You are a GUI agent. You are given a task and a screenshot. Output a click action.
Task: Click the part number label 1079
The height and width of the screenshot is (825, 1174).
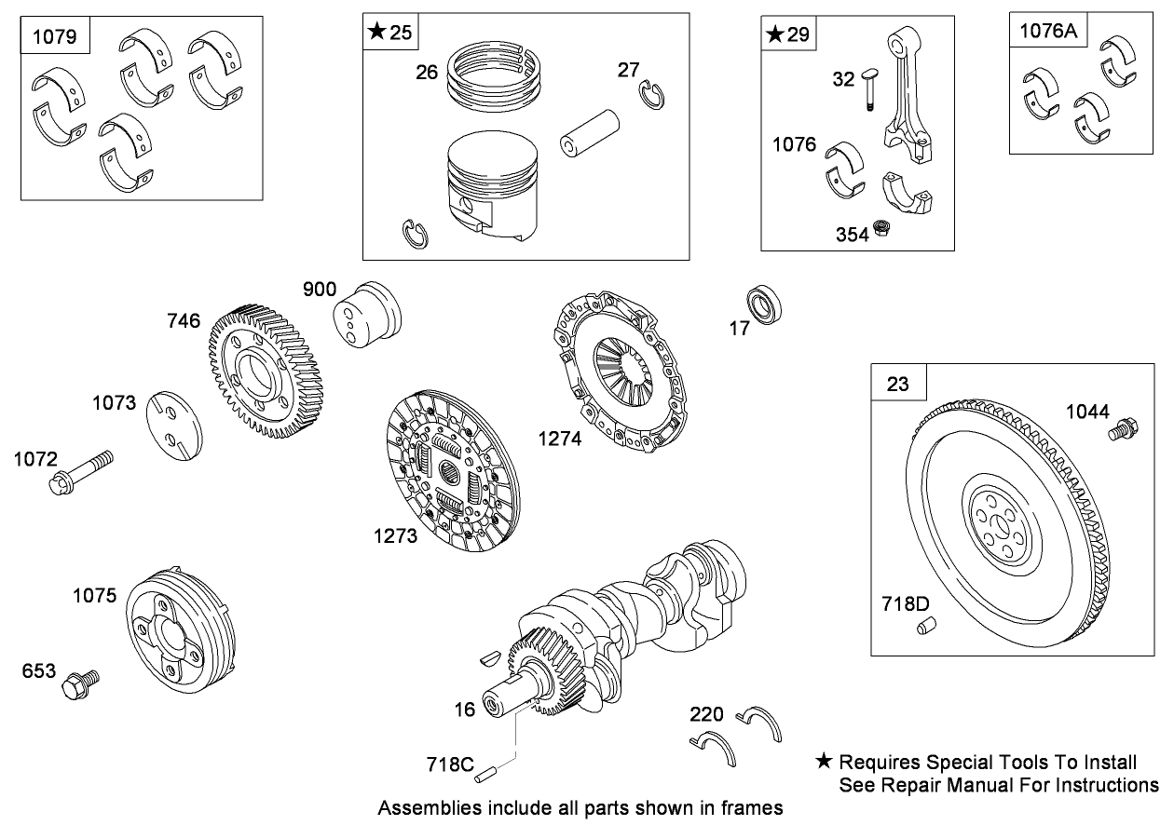tap(56, 38)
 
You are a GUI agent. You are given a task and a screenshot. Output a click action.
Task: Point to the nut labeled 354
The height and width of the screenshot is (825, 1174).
tap(882, 230)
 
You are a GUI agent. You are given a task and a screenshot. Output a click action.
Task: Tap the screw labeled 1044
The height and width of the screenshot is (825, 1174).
tap(1122, 430)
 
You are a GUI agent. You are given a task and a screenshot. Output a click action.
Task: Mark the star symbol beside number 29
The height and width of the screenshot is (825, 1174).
tap(775, 35)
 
